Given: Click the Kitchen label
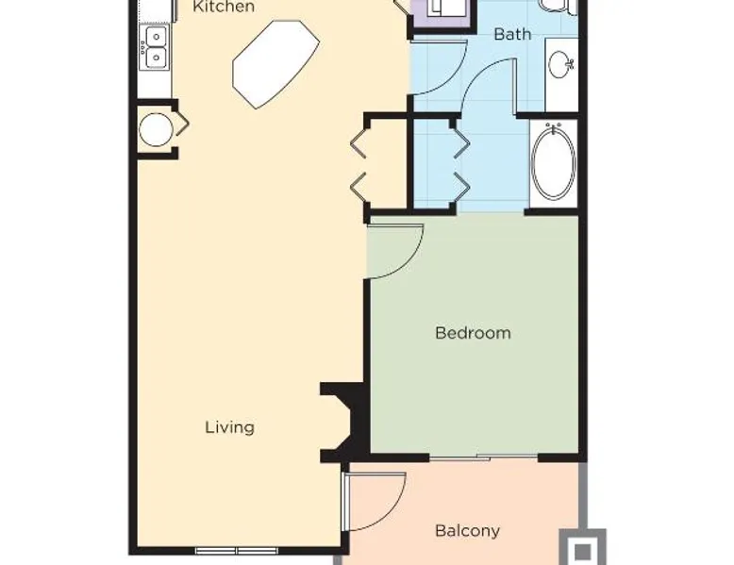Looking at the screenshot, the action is pos(224,7).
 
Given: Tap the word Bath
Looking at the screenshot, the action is pos(512,34).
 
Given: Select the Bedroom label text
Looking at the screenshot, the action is pos(473,333).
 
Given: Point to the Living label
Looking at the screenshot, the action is pos(230,427).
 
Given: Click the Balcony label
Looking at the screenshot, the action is pos(467,531).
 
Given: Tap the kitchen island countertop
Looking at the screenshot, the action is pos(275,63).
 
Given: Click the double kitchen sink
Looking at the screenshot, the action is pos(156,48).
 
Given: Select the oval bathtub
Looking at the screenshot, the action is pos(554,163).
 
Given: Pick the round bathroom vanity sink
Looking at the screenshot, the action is pos(560,64).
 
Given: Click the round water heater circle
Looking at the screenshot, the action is pos(156,129).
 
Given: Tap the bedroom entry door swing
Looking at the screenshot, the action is pos(396,252).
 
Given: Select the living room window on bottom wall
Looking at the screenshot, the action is pos(237,551).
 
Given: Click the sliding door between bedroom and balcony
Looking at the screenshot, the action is pos(484,457).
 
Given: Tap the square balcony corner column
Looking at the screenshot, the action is pos(583,548).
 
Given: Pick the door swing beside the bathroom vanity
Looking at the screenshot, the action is pos(490,86).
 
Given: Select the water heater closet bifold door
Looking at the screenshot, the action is pos(182,125).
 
